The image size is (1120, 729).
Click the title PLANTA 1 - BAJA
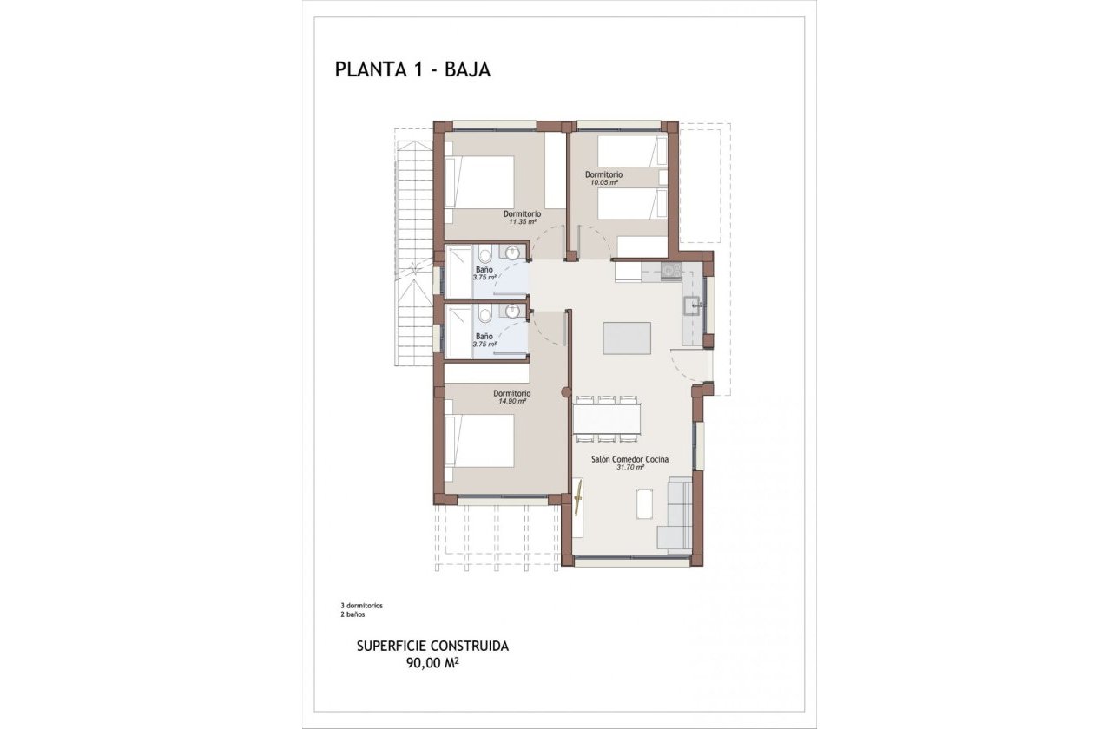pyautogui.click(x=412, y=70)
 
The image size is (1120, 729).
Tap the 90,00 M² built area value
pyautogui.click(x=432, y=664)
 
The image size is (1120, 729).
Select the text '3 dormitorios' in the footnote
pyautogui.click(x=362, y=605)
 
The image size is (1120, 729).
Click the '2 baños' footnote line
pyautogui.click(x=353, y=614)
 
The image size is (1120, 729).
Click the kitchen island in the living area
pyautogui.click(x=628, y=338)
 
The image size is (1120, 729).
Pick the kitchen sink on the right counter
pyautogui.click(x=692, y=305)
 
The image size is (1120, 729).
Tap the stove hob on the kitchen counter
pyautogui.click(x=671, y=270)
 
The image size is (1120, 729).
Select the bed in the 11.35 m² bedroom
pyautogui.click(x=479, y=181)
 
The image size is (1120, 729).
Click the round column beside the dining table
pyautogui.click(x=565, y=393)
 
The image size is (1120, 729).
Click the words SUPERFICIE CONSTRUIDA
pyautogui.click(x=432, y=647)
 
